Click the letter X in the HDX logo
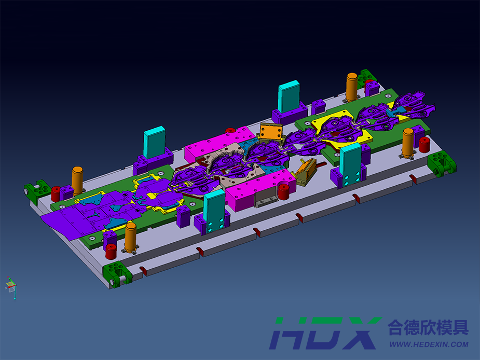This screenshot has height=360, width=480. pyautogui.click(x=360, y=333)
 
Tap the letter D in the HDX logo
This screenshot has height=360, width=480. pyautogui.click(x=319, y=333)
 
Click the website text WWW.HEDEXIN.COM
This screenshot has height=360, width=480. pyautogui.click(x=429, y=344)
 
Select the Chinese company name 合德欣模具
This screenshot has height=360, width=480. pyautogui.click(x=428, y=327)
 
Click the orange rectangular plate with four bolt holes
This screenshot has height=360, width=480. pyautogui.click(x=270, y=132)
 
